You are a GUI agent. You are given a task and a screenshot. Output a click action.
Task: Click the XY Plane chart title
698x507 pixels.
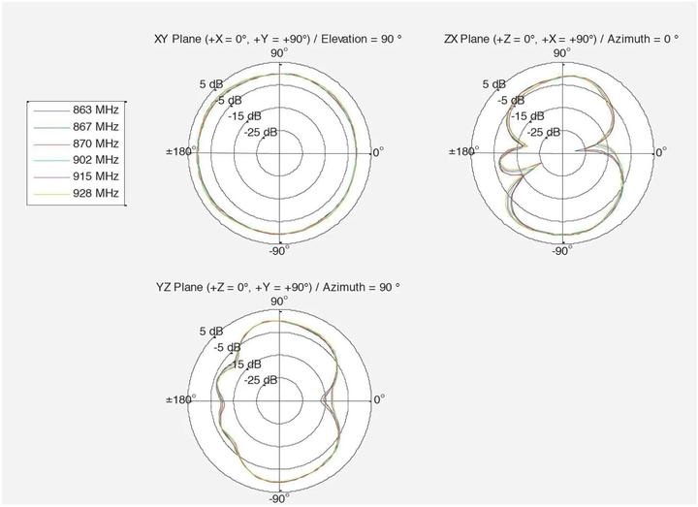click(x=278, y=39)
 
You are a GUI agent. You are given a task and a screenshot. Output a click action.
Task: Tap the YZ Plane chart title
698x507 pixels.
click(x=278, y=288)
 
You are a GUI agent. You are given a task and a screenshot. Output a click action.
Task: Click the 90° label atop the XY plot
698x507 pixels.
click(x=278, y=53)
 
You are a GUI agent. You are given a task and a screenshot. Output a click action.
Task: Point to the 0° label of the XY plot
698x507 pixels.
click(x=378, y=152)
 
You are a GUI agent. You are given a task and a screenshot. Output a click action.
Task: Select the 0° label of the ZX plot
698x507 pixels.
click(x=660, y=152)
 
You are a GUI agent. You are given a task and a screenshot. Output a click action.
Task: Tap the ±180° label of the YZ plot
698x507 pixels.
click(x=180, y=399)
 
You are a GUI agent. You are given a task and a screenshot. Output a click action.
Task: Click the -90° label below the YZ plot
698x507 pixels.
click(x=277, y=499)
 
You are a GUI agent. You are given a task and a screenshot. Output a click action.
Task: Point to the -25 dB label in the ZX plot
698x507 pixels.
click(x=542, y=131)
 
